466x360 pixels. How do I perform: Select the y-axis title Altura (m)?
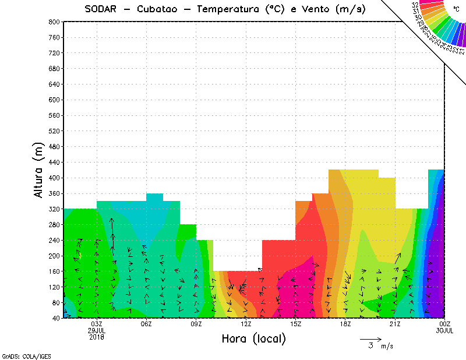[x=39, y=169]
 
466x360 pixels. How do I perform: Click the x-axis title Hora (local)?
[x=253, y=338]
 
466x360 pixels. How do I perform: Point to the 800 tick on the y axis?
[x=54, y=22]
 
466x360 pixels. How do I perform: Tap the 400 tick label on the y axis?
[x=54, y=178]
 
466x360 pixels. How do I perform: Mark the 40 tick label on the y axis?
[x=56, y=318]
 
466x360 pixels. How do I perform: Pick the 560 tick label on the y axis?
[x=54, y=115]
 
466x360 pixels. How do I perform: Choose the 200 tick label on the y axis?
[x=54, y=256]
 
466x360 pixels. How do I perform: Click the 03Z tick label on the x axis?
[x=97, y=324]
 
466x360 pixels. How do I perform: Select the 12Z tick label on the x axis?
[x=246, y=324]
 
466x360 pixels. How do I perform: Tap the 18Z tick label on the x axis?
[x=345, y=324]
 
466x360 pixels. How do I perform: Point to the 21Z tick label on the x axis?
[x=395, y=324]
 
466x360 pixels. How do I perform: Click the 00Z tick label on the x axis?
[x=445, y=324]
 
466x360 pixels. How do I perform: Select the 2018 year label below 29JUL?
[x=97, y=337]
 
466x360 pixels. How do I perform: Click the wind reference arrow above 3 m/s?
[x=370, y=338]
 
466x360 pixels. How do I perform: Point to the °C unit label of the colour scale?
[x=456, y=8]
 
